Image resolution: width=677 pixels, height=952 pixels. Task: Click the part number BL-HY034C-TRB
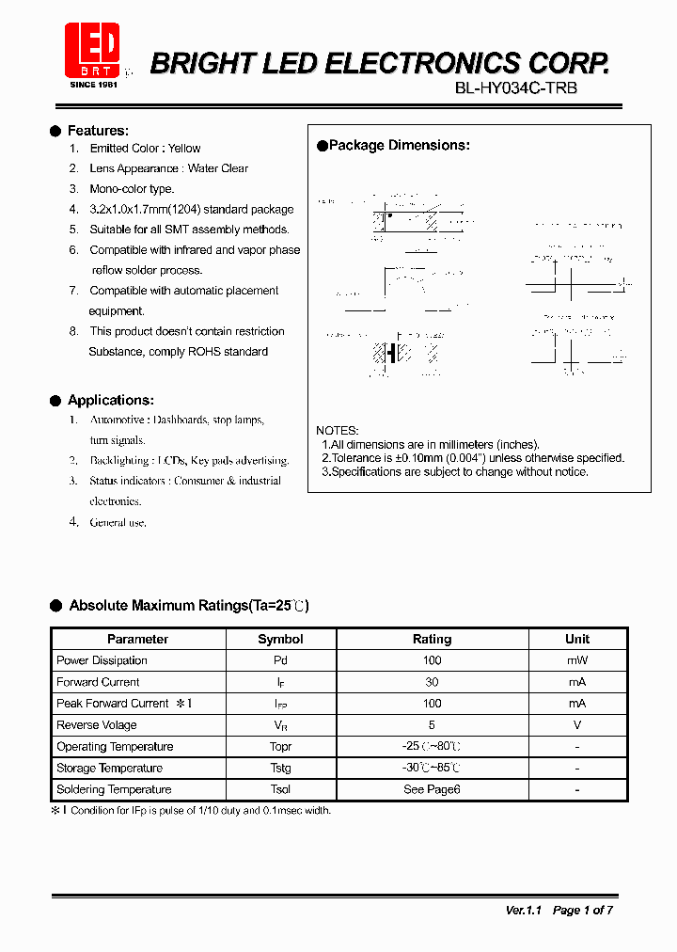click(x=516, y=88)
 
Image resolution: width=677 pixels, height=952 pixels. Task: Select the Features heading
click(x=98, y=131)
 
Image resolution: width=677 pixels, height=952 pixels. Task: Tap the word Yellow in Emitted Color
click(x=184, y=149)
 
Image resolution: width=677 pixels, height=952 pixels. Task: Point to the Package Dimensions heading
click(x=399, y=146)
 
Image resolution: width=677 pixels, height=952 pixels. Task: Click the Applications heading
click(x=110, y=401)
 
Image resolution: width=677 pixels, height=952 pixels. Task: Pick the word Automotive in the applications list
click(x=118, y=420)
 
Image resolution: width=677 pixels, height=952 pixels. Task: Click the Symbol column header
click(x=280, y=639)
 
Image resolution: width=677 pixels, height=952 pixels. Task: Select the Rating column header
click(x=432, y=639)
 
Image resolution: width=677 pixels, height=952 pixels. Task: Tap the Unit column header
click(x=577, y=639)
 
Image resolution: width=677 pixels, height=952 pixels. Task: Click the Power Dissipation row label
click(x=102, y=660)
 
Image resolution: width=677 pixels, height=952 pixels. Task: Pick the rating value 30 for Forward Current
click(x=432, y=682)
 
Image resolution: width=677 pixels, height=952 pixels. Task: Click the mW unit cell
click(x=577, y=660)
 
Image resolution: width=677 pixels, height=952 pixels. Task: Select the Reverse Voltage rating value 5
click(x=432, y=725)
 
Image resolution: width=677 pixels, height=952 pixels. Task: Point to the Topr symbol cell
click(x=280, y=747)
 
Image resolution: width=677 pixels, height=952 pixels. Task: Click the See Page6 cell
click(x=432, y=789)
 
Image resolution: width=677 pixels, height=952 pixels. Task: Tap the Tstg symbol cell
click(x=280, y=769)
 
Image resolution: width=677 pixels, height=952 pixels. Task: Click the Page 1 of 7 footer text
click(x=583, y=910)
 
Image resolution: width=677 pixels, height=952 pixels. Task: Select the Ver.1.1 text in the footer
click(x=524, y=910)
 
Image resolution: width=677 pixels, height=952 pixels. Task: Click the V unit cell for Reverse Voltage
click(x=577, y=725)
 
